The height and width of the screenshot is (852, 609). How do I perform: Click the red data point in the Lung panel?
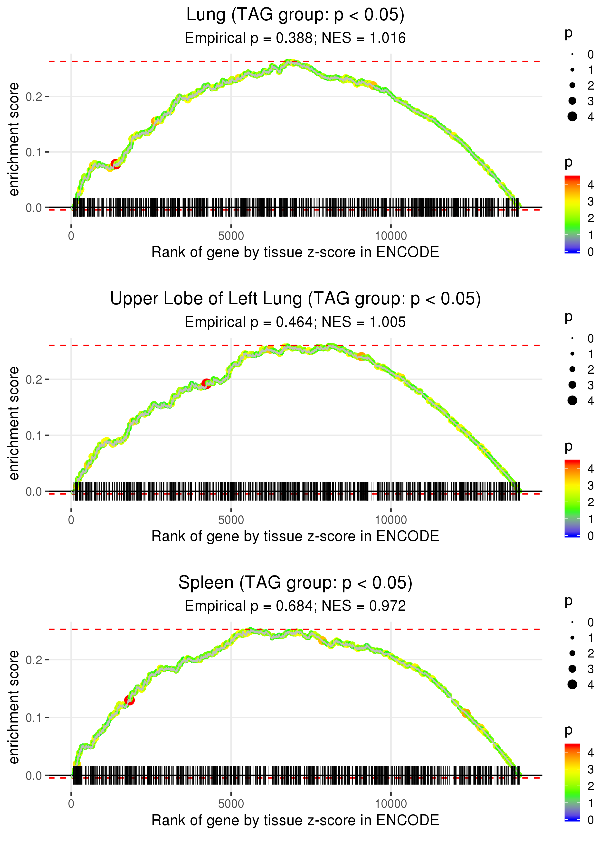coord(115,164)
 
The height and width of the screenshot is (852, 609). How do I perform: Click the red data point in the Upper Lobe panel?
coord(206,383)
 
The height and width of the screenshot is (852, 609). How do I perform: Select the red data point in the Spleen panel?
coord(129,700)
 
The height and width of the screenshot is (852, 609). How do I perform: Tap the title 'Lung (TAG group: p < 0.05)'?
coord(295,15)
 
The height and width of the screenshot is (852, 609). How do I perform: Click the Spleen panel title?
coord(295,583)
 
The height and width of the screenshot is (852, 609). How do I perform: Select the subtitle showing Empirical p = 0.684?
coord(295,606)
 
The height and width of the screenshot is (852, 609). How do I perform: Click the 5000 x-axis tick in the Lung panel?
coord(231,236)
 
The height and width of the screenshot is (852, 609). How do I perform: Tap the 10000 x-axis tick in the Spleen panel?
coord(391,804)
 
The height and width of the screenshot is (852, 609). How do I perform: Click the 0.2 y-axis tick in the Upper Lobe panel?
coord(34,380)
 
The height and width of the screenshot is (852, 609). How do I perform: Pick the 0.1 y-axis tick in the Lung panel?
coord(34,152)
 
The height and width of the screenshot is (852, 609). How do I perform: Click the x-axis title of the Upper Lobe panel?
coord(295,536)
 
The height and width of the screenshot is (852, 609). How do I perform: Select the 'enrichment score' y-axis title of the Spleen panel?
coord(14,707)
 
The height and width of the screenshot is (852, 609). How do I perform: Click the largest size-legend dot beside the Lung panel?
coord(572,117)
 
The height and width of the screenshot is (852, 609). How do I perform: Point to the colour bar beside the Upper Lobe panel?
coord(572,498)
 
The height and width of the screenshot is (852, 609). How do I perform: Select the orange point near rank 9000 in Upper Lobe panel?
coord(361,356)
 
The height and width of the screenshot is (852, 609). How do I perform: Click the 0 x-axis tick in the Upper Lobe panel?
coord(71,520)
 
